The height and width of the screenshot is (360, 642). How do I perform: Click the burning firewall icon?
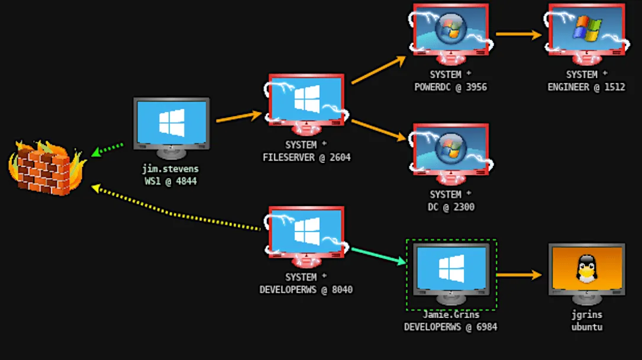(46, 168)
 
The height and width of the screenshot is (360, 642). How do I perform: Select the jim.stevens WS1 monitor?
(171, 125)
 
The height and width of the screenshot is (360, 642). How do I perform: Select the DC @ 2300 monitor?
(450, 150)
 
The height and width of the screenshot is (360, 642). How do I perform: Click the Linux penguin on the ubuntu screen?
(586, 269)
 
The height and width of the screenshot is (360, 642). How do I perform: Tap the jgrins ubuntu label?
(586, 321)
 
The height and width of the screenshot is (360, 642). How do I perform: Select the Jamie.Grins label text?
(451, 315)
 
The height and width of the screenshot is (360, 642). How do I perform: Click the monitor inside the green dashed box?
(451, 269)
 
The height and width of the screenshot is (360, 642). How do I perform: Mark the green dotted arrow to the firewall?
(108, 149)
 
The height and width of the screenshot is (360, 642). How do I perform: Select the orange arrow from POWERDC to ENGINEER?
(518, 34)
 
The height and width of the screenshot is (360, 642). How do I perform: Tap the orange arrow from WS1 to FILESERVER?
(238, 116)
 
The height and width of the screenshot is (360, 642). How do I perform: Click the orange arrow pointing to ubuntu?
(519, 275)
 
